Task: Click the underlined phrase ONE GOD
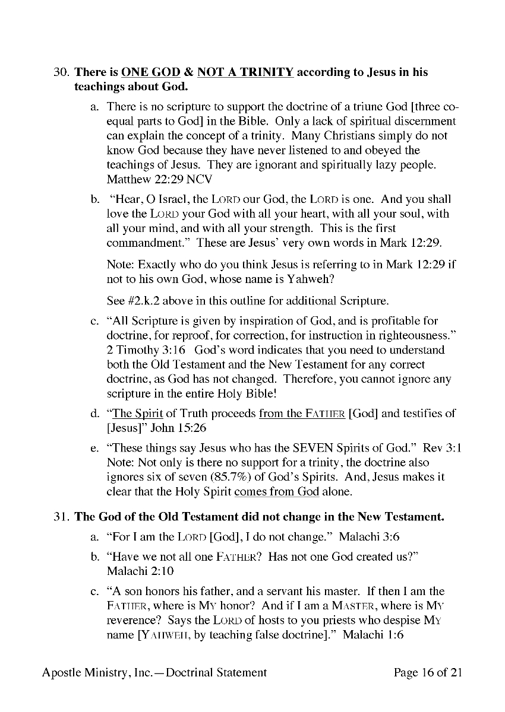(x=150, y=73)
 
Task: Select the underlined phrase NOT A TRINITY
(x=245, y=73)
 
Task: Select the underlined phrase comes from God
(x=277, y=491)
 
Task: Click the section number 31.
(x=61, y=516)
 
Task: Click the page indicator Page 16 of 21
(x=428, y=673)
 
